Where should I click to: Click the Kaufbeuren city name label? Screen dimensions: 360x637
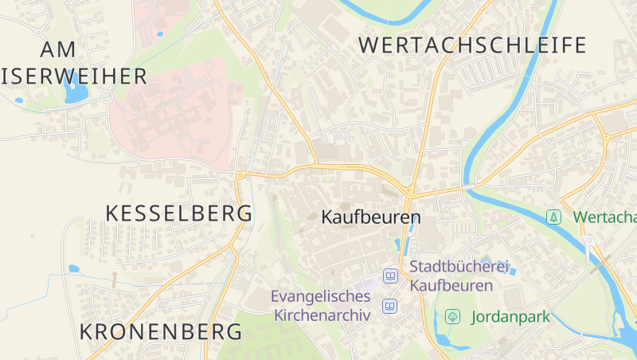pos(370,217)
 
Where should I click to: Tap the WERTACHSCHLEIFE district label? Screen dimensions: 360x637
pos(472,45)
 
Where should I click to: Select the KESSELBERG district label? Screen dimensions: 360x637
pos(179,213)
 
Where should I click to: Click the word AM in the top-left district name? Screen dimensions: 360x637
pos(58,49)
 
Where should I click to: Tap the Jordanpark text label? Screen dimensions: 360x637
pos(510,317)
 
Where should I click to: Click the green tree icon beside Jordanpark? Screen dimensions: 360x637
pos(452,317)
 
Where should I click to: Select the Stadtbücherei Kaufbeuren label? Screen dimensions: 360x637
pos(459,276)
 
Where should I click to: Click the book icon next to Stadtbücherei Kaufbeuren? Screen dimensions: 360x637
pos(390,276)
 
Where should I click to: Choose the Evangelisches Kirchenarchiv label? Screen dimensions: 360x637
pos(321,305)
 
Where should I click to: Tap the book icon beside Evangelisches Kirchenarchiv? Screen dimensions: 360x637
pos(390,306)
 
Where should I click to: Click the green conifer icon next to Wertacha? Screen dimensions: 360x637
pos(553,217)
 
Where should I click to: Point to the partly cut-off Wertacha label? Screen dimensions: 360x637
pos(604,217)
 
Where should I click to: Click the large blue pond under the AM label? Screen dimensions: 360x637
pos(76,92)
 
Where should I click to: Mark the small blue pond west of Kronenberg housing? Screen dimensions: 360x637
pos(74,269)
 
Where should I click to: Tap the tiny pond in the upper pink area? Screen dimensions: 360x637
pos(160,34)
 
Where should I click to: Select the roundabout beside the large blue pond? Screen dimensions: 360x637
pos(107,97)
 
